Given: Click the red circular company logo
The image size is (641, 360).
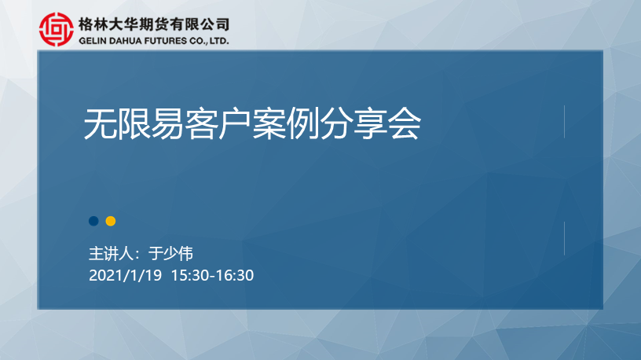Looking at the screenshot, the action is pos(57,29).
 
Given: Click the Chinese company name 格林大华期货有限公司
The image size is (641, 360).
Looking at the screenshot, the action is pos(154,24).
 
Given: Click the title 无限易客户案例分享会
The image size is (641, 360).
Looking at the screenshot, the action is pos(252,124).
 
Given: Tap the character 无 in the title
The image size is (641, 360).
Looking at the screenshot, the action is pos(101,124).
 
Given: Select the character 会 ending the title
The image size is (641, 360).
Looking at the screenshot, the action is pos(405,124).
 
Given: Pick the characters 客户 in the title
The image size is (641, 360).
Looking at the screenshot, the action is pos(218,124).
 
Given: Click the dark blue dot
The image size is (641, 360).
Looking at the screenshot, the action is pos(93,222).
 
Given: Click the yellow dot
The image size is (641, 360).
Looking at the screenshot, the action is pos(111,222).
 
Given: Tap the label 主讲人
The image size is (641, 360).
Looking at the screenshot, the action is pos(112,254).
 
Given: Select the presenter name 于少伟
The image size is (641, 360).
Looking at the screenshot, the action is pos(170,254).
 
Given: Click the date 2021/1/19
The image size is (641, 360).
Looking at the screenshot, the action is pos(125,275).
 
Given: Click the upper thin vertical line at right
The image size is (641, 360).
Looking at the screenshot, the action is pos(564,122).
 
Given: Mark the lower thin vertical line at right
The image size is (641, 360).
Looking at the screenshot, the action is pos(564,238).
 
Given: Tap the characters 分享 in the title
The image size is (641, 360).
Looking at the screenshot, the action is pos(354,124).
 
